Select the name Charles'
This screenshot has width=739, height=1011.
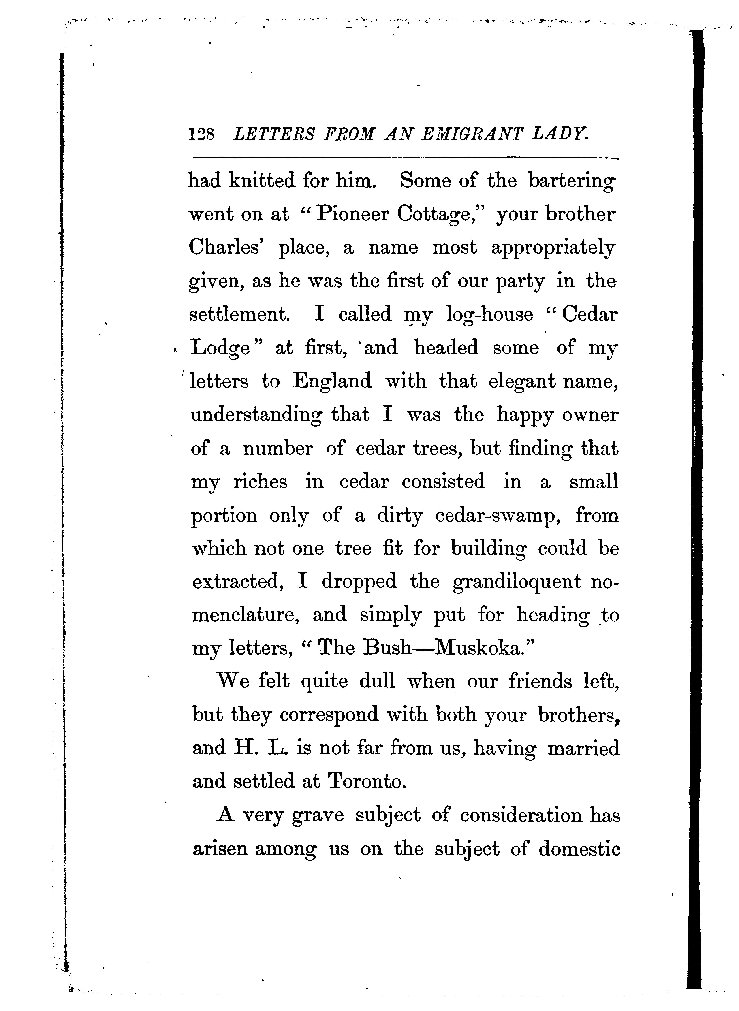(x=226, y=248)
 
